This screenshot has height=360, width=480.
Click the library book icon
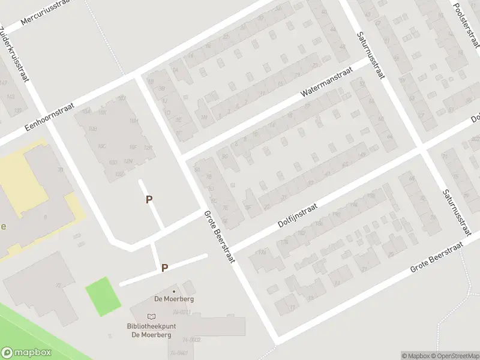click(151, 316)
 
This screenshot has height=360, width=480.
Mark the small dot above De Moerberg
click(174, 292)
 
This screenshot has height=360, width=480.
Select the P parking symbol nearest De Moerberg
click(164, 268)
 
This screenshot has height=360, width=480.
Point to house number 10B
click(92, 129)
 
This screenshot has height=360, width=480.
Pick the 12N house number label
click(127, 161)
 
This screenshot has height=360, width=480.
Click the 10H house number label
click(133, 121)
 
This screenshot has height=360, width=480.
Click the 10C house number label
click(101, 146)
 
